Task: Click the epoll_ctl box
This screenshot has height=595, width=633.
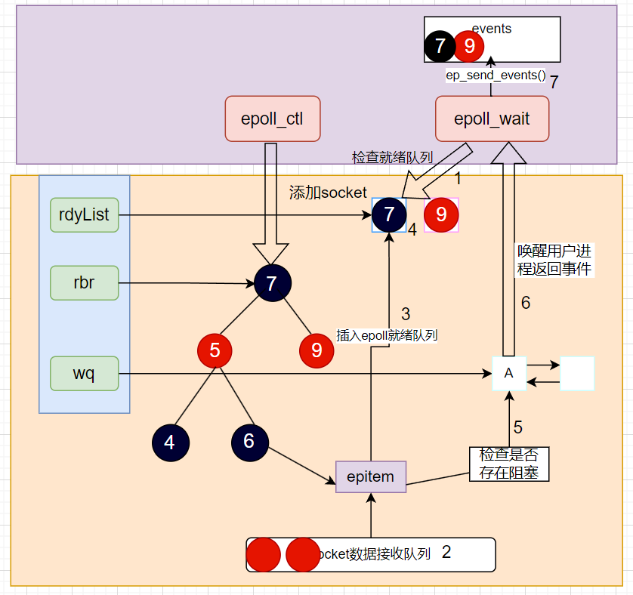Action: pyautogui.click(x=272, y=119)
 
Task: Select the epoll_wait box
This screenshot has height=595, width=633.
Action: pyautogui.click(x=492, y=119)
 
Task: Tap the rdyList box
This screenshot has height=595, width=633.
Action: pyautogui.click(x=85, y=214)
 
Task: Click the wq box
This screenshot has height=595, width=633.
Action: pyautogui.click(x=85, y=373)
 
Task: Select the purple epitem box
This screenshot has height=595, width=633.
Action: pyautogui.click(x=371, y=476)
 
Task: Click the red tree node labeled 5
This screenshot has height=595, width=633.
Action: pyautogui.click(x=215, y=350)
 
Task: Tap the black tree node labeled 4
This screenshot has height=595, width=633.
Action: pyautogui.click(x=169, y=442)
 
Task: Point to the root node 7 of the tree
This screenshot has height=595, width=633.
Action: pyautogui.click(x=272, y=283)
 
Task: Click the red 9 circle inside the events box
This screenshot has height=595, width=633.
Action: pyautogui.click(x=469, y=47)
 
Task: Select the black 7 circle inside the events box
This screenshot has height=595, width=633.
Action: pyautogui.click(x=440, y=47)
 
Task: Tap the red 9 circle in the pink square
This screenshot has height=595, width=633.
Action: pyautogui.click(x=441, y=215)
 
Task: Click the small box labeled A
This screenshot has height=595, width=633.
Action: pyautogui.click(x=508, y=373)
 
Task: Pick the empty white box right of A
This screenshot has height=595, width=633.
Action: pyautogui.click(x=577, y=374)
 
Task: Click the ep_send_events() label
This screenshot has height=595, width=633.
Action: pyautogui.click(x=496, y=75)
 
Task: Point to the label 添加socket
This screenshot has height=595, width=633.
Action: pyautogui.click(x=328, y=193)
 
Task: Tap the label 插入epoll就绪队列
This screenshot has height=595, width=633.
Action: pyautogui.click(x=388, y=335)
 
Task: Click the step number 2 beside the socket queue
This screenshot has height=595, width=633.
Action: pyautogui.click(x=446, y=552)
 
